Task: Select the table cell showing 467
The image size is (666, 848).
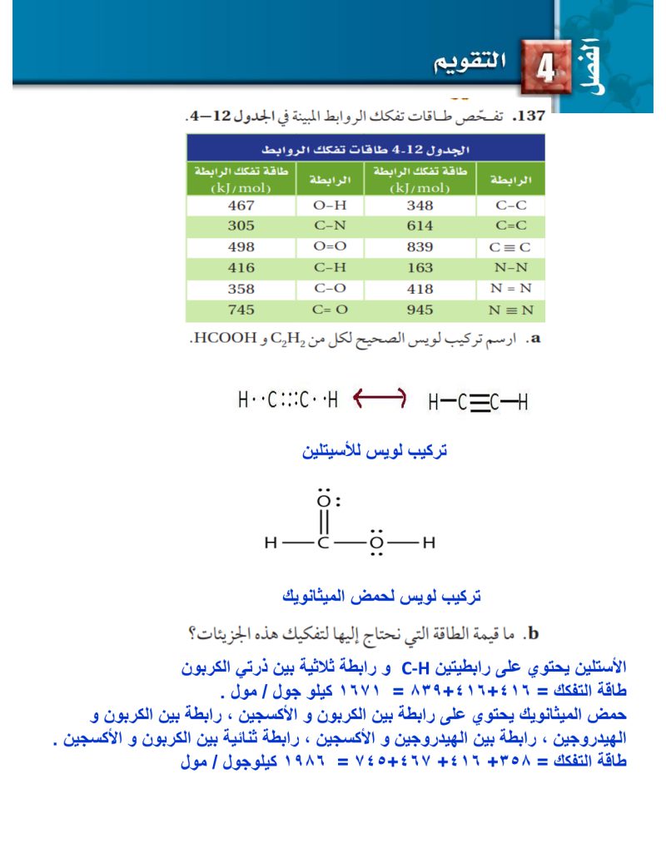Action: (x=241, y=205)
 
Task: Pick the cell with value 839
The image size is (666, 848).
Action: (x=420, y=247)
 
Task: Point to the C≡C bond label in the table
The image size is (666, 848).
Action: (x=509, y=247)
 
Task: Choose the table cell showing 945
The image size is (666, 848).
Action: (x=420, y=310)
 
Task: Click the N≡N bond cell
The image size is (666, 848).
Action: (x=509, y=310)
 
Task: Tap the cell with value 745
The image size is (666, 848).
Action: (x=241, y=310)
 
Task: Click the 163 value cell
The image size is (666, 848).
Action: (x=420, y=268)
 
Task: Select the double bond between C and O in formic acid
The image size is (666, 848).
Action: (x=325, y=523)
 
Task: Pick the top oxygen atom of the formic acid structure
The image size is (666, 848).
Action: (x=325, y=501)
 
